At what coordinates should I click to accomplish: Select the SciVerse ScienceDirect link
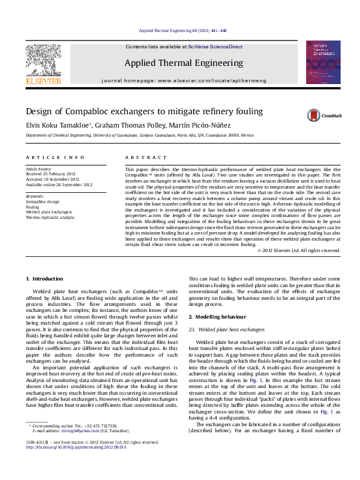coord(215,47)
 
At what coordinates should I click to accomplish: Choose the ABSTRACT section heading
coord(137,157)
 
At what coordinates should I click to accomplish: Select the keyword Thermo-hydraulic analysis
coord(50,217)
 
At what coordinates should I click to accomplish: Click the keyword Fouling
coord(33,206)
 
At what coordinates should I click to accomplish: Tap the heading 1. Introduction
coord(46,278)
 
